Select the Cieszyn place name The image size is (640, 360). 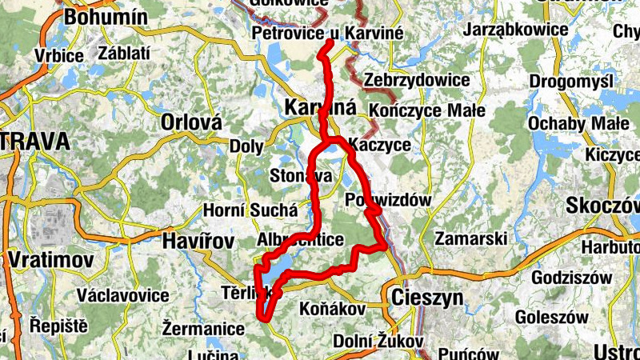(427, 298)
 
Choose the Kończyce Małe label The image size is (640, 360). (427, 110)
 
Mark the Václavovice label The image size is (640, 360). (122, 295)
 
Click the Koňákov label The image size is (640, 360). (331, 308)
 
